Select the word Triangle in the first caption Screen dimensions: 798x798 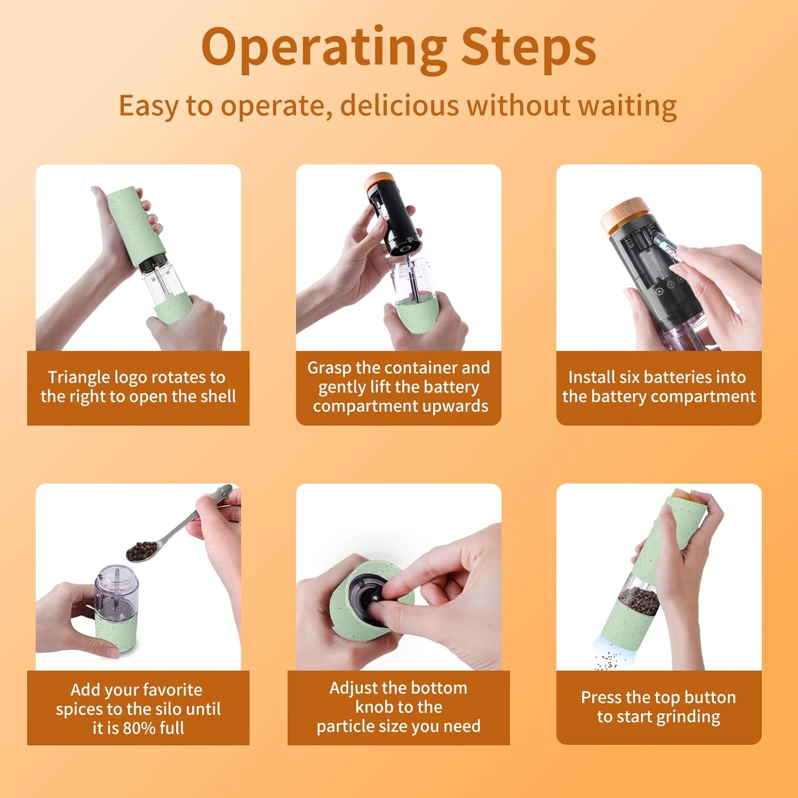(x=79, y=378)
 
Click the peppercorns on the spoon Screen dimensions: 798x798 (x=142, y=549)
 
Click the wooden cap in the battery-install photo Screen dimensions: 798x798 (x=625, y=214)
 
